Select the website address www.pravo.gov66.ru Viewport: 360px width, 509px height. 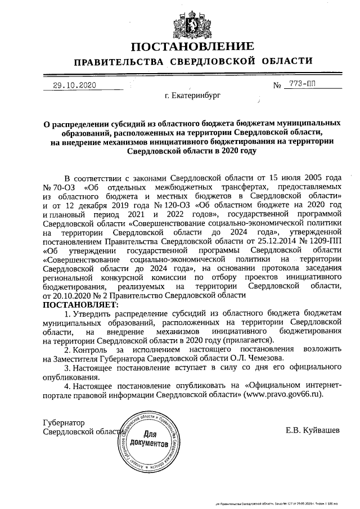point(283,395)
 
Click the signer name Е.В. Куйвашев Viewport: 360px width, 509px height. point(313,431)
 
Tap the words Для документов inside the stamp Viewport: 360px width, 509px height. point(147,439)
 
